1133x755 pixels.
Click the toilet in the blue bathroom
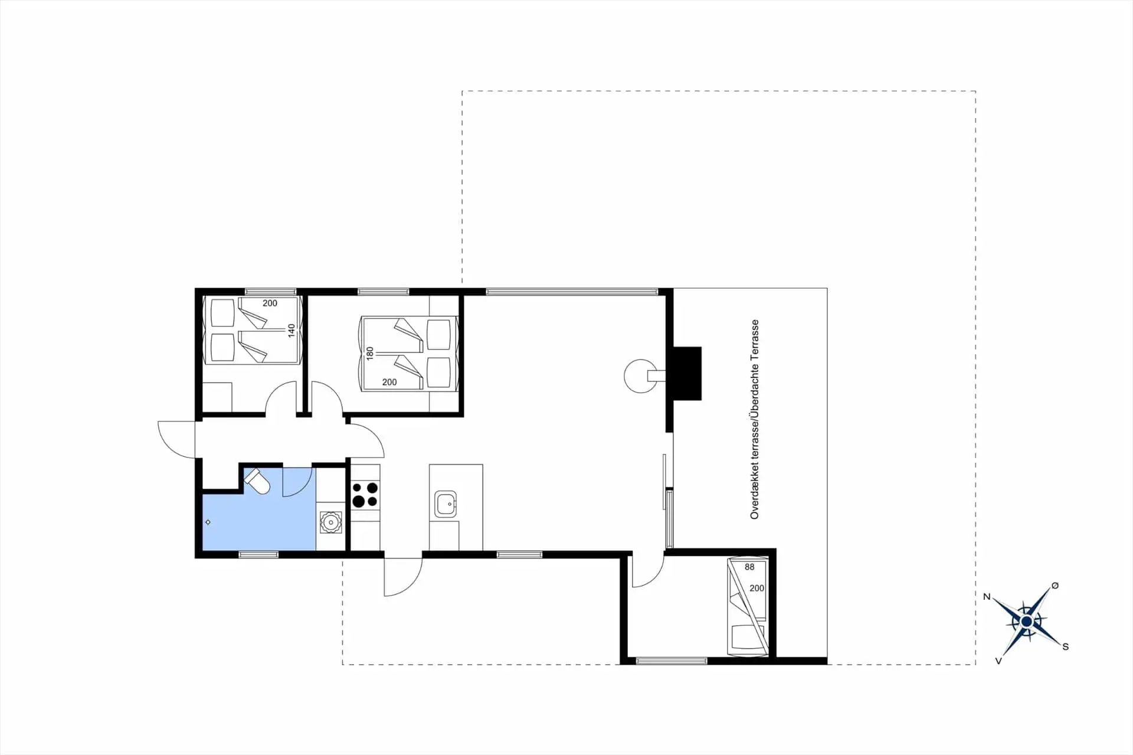point(258,481)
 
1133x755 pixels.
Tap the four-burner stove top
point(365,495)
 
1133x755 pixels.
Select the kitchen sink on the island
point(446,504)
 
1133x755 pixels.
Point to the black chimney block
point(687,373)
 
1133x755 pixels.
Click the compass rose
point(1026,622)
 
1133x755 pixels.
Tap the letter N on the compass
point(987,597)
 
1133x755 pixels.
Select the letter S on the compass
point(1065,647)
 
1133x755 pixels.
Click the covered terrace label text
point(754,420)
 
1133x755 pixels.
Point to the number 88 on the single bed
point(749,567)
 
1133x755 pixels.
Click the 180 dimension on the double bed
point(370,353)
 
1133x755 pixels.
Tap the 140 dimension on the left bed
point(291,330)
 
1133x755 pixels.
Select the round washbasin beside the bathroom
point(330,522)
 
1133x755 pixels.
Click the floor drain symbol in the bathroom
point(208,522)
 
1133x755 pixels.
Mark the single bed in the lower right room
point(748,606)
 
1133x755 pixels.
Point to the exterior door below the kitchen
point(403,576)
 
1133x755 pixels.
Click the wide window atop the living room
point(571,291)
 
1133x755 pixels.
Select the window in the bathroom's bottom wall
point(258,554)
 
